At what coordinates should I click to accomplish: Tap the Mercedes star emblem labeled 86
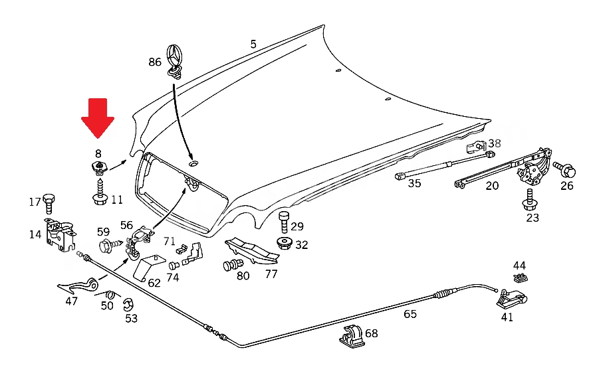pyautogui.click(x=174, y=62)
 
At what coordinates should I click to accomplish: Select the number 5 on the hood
pyautogui.click(x=253, y=44)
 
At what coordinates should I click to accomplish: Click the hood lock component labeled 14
pyautogui.click(x=60, y=235)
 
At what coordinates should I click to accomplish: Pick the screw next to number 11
pyautogui.click(x=100, y=193)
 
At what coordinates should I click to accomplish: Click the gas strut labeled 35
pyautogui.click(x=445, y=165)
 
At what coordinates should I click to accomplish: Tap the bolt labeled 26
pyautogui.click(x=564, y=169)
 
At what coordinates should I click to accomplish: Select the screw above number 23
pyautogui.click(x=530, y=199)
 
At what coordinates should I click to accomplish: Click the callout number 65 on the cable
pyautogui.click(x=410, y=314)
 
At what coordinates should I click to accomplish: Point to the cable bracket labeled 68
pyautogui.click(x=352, y=335)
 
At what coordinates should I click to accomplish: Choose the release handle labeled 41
pyautogui.click(x=512, y=298)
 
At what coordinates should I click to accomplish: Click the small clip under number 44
pyautogui.click(x=521, y=277)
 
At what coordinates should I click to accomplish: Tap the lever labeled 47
pyautogui.click(x=79, y=286)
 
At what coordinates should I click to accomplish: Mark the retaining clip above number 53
pyautogui.click(x=128, y=305)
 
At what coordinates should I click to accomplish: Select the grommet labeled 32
pyautogui.click(x=285, y=243)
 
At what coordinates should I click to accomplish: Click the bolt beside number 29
pyautogui.click(x=285, y=222)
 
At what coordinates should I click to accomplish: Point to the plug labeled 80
pyautogui.click(x=233, y=266)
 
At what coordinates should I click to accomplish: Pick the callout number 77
pyautogui.click(x=271, y=274)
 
